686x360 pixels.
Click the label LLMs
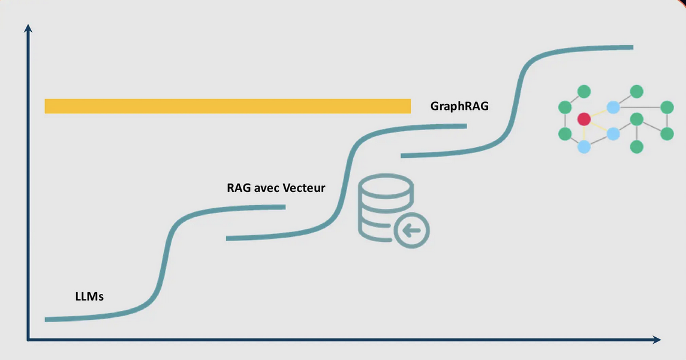pos(89,296)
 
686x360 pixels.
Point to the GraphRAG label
pos(459,106)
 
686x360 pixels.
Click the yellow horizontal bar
pos(227,106)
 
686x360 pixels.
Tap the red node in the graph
pos(584,119)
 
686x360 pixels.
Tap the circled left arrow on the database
pos(413,229)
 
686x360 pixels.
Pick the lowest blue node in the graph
pos(584,147)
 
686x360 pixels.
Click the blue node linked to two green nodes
pos(612,107)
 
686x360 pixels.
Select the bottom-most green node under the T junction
pos(637,147)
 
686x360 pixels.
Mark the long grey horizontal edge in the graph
pos(640,108)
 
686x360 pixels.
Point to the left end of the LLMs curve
pos(47,319)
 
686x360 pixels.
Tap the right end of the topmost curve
pos(631,47)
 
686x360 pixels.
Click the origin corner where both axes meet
pos(28,340)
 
